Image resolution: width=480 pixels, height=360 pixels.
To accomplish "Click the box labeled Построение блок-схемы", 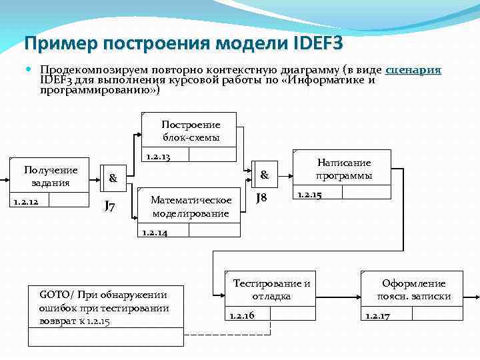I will (x=191, y=131).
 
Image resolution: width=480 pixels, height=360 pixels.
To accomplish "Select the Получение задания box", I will (x=51, y=177).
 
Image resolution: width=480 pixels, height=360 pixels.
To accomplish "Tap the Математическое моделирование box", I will (x=191, y=207).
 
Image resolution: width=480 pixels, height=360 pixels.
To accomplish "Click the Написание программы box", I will (x=344, y=169).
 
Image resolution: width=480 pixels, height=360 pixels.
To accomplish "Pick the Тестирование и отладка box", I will (x=271, y=290).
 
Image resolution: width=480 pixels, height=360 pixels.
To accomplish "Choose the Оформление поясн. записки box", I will (x=413, y=290).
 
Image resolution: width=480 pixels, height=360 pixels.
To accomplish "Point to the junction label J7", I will (x=111, y=206).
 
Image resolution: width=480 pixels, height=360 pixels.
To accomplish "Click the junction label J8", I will (x=262, y=198).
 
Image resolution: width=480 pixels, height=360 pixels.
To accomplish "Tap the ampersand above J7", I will (x=113, y=179).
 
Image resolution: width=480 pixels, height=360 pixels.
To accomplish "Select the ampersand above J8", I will (x=264, y=175).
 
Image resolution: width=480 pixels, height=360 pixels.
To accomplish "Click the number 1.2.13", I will (x=157, y=157).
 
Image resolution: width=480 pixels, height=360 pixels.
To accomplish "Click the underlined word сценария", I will (x=413, y=70).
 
